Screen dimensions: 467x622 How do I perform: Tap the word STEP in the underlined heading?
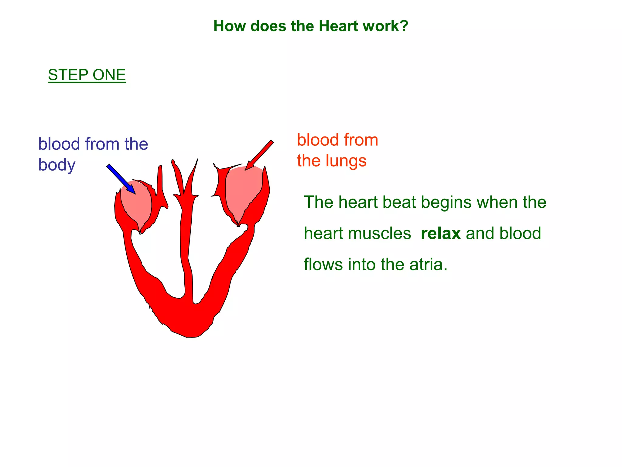point(68,75)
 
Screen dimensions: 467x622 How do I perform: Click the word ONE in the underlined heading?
point(109,75)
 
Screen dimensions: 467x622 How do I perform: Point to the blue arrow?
point(121,179)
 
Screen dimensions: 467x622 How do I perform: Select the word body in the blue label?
point(57,165)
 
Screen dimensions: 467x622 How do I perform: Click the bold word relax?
point(441,233)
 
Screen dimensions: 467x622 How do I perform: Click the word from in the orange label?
point(361,140)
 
